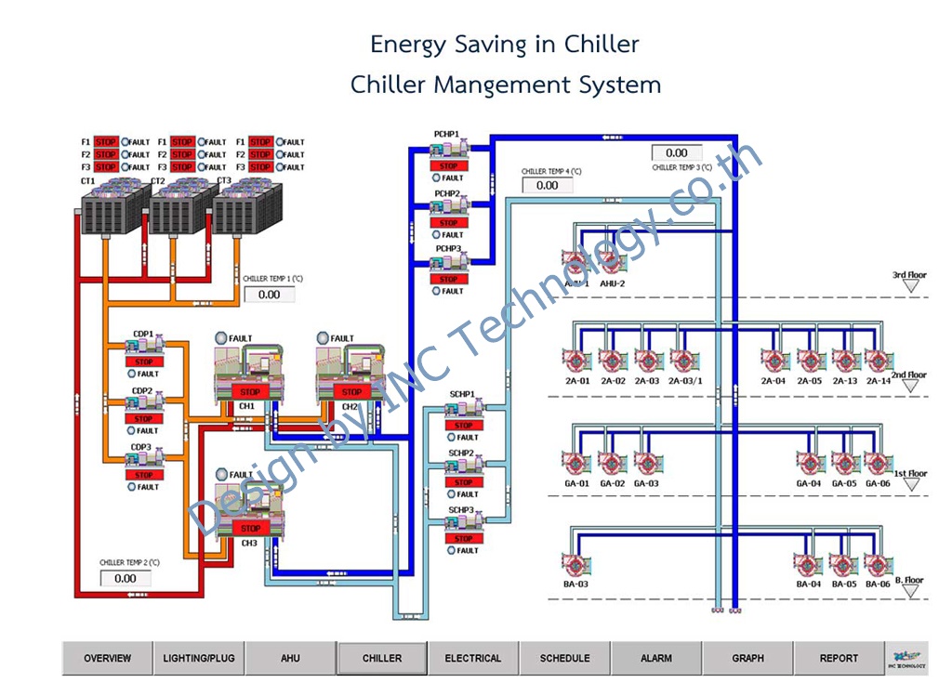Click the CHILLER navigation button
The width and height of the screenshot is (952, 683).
click(382, 658)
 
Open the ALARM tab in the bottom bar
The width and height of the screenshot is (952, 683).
click(656, 658)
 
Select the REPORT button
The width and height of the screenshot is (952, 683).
click(839, 658)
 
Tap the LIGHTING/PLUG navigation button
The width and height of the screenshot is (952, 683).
click(199, 658)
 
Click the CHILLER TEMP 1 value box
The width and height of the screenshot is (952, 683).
click(269, 295)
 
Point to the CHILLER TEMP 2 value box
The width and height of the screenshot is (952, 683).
click(126, 578)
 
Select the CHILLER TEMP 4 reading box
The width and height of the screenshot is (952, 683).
click(548, 185)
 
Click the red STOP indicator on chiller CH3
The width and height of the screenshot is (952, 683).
click(250, 528)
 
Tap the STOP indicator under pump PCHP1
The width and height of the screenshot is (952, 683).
click(449, 166)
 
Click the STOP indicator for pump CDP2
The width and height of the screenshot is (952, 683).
click(143, 418)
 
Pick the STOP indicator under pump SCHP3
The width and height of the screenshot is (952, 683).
click(464, 538)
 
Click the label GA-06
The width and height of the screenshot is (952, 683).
click(878, 483)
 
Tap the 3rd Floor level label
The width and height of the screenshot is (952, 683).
click(910, 275)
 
